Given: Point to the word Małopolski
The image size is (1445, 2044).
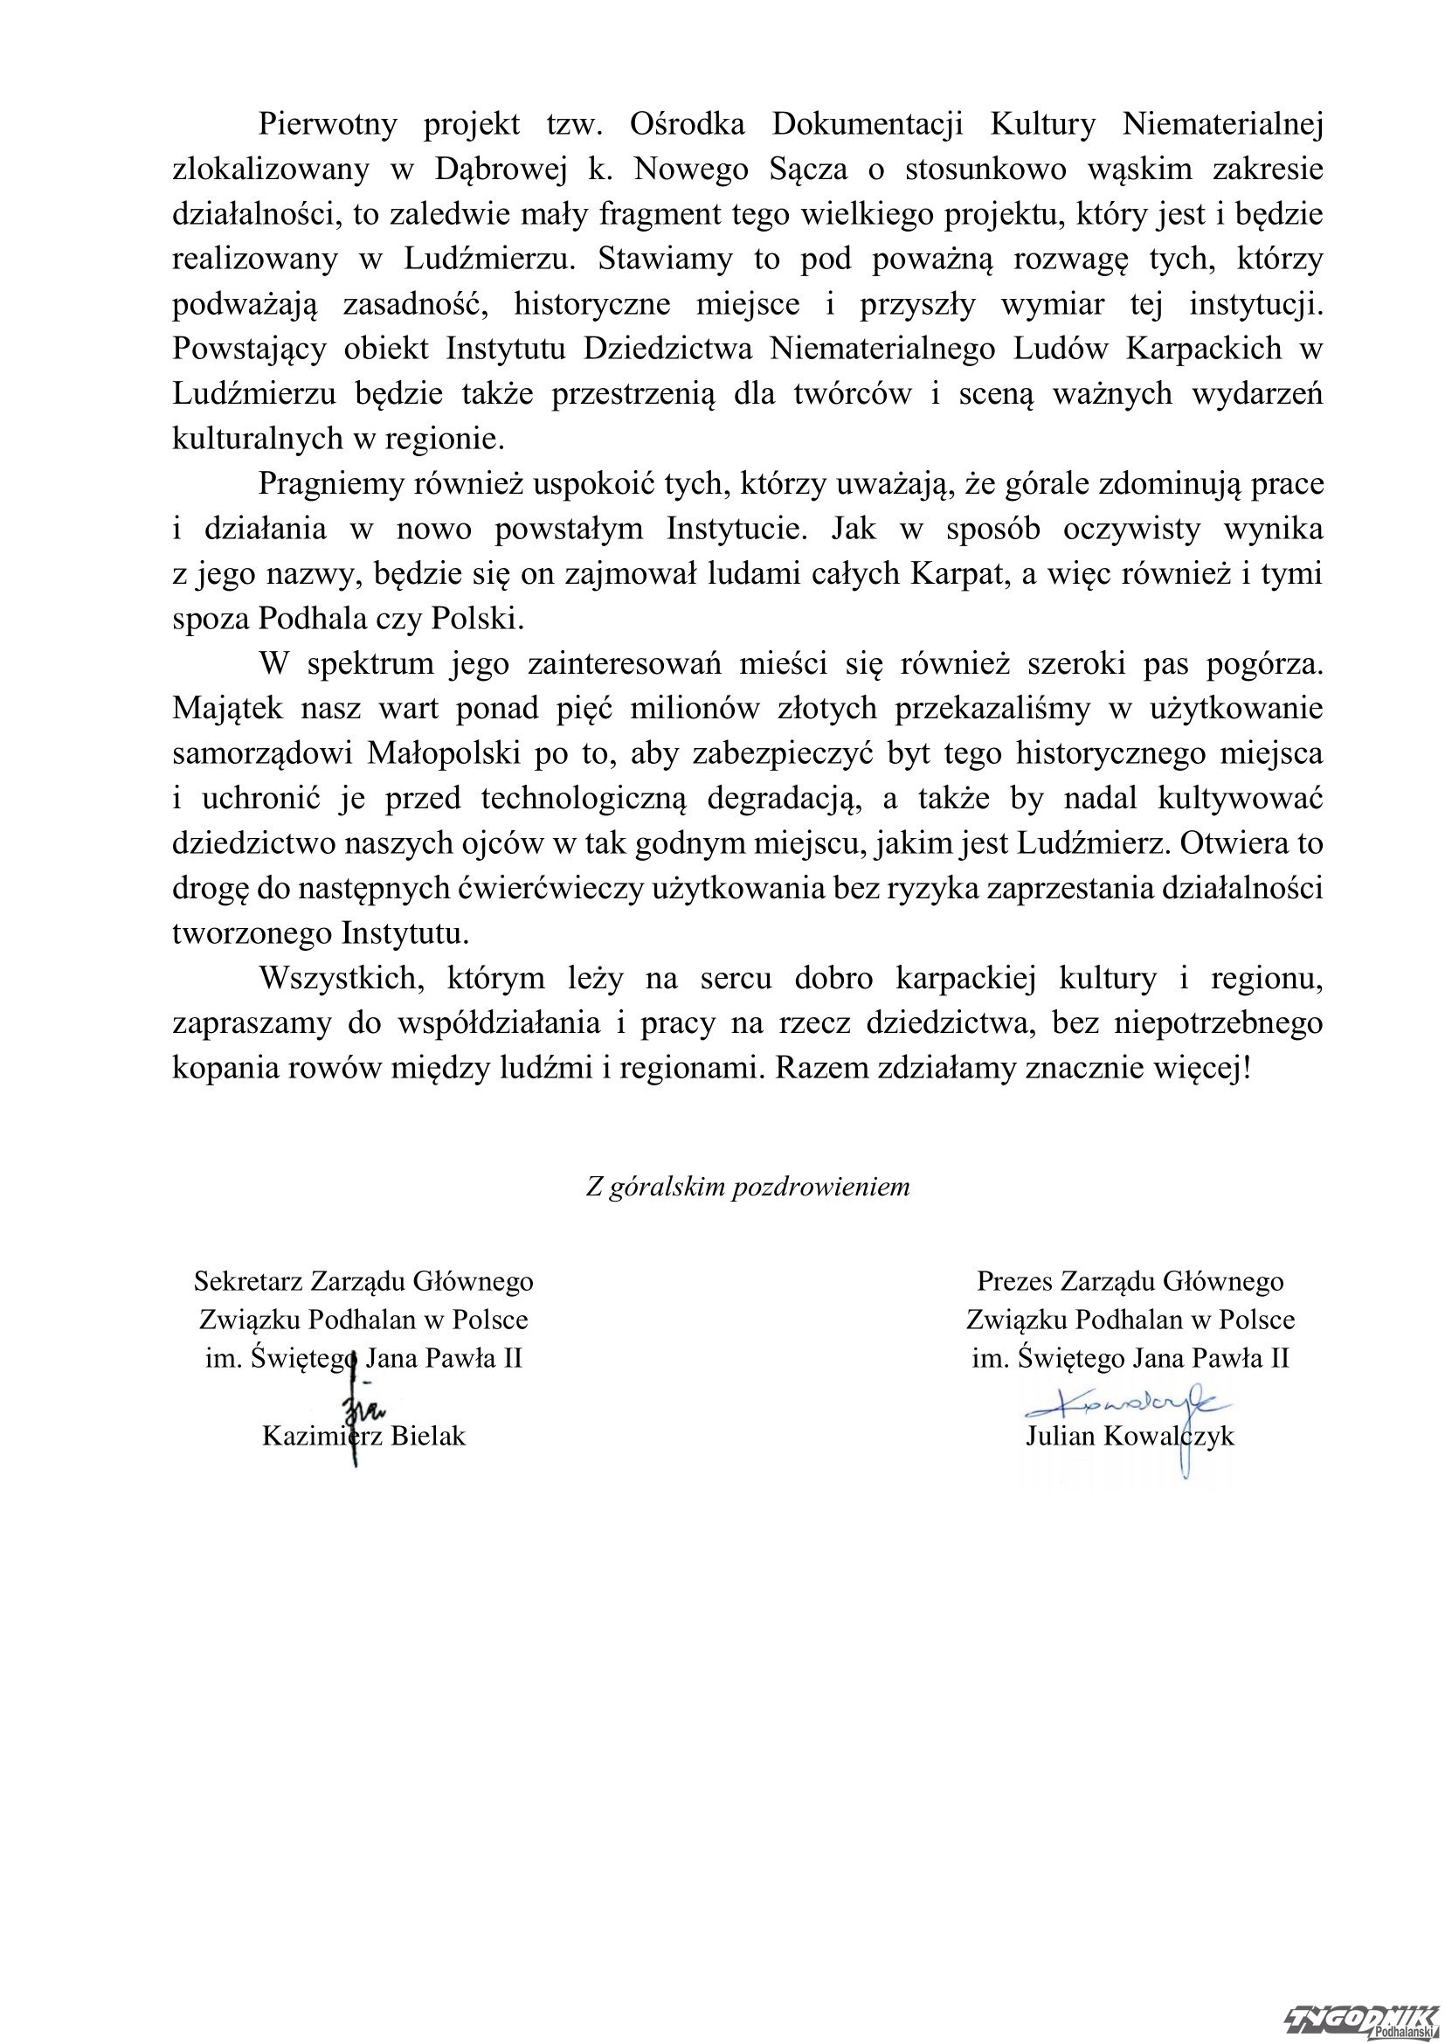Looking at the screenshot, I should [443, 753].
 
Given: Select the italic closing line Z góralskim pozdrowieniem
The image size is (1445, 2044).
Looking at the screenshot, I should [748, 1187].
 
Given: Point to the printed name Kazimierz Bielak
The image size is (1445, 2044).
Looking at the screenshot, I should [364, 1436].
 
